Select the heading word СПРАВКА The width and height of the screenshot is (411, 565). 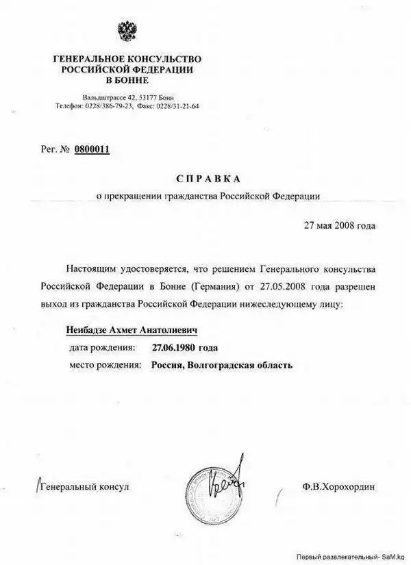[x=208, y=179]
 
